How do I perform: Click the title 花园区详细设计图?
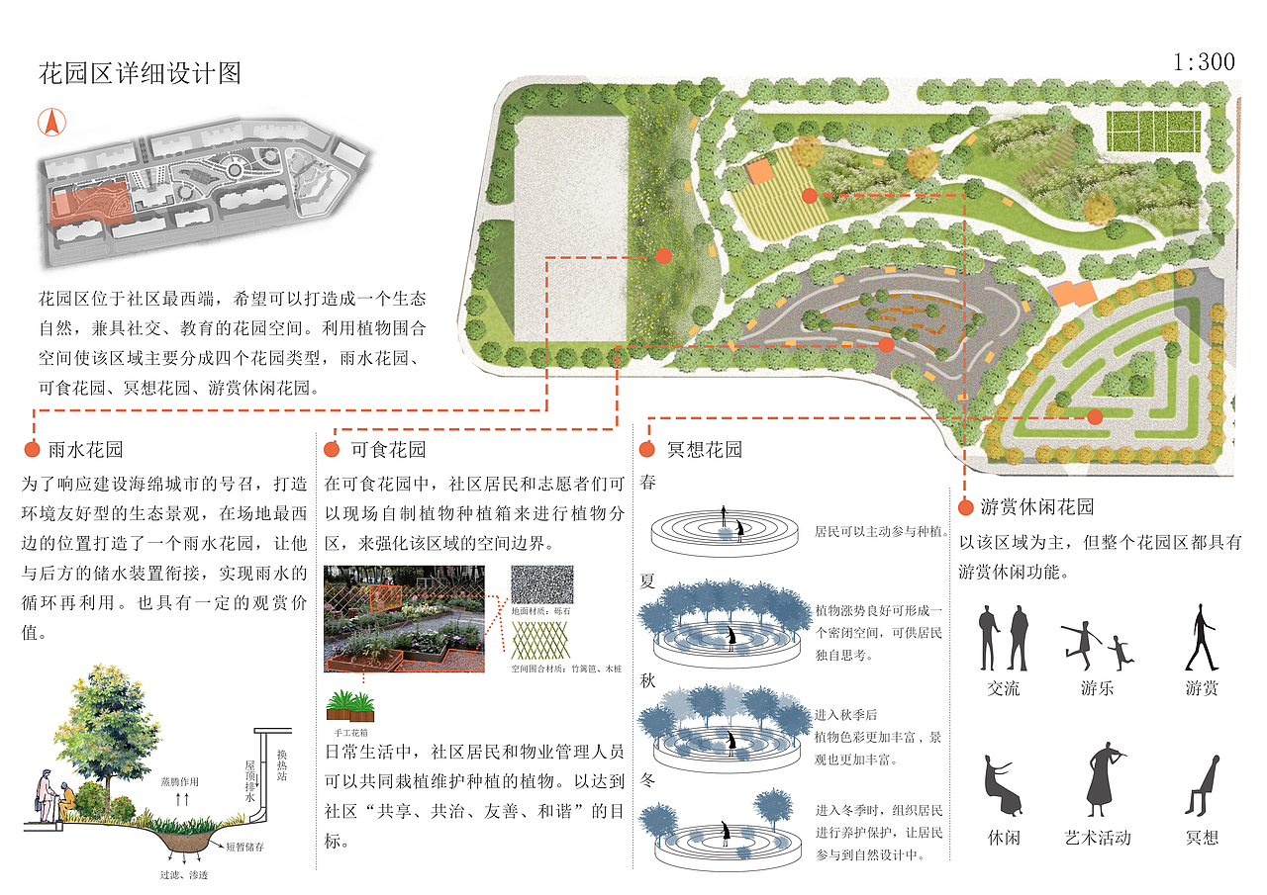click(x=140, y=73)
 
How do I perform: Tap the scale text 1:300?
click(x=1204, y=62)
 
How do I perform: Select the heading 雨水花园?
click(x=86, y=450)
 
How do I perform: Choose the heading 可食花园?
click(x=388, y=450)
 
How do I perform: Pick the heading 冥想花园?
click(x=704, y=450)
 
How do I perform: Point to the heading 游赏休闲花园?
click(x=1037, y=507)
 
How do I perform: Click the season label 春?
click(x=648, y=485)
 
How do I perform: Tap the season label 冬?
click(x=648, y=781)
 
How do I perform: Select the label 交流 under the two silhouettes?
click(x=1003, y=688)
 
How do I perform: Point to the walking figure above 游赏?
click(x=1201, y=638)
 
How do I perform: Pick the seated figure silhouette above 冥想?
click(x=1200, y=783)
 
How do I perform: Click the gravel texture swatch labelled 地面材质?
click(x=539, y=586)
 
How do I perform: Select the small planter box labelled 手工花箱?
click(x=350, y=705)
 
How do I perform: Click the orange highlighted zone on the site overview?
click(x=89, y=203)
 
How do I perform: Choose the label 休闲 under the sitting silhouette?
click(x=1003, y=838)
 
